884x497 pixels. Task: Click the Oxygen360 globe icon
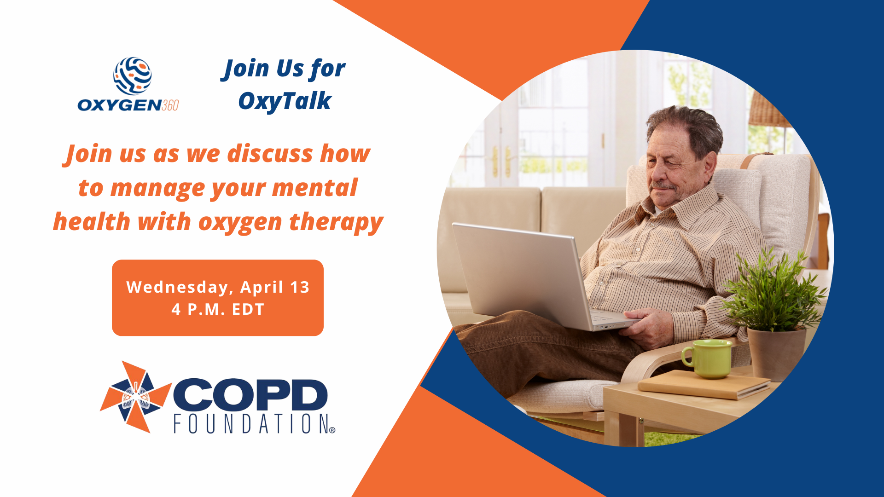tap(133, 76)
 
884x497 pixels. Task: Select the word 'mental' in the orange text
tap(314, 188)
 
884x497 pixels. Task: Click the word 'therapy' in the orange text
tap(336, 223)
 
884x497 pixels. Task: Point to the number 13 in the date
tap(300, 287)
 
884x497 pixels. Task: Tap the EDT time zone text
tap(248, 309)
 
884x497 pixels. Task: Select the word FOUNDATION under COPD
tap(251, 424)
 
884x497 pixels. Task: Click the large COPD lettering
tap(250, 394)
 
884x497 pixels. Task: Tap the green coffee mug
tap(707, 358)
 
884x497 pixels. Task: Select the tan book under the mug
tap(704, 384)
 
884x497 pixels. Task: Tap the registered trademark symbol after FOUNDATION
tap(332, 431)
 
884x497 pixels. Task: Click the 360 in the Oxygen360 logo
tap(170, 105)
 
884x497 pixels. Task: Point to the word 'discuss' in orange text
tap(271, 154)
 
